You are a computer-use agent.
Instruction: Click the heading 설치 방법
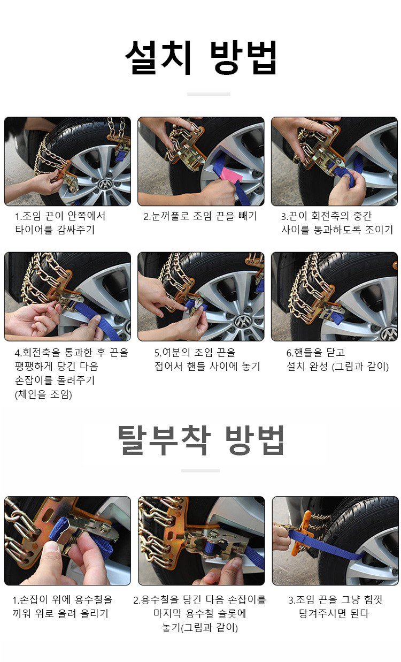(200, 58)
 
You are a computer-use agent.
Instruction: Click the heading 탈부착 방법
(200, 440)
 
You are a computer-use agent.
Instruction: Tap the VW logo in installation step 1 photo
(103, 185)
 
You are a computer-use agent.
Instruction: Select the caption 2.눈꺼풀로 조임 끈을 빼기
(200, 216)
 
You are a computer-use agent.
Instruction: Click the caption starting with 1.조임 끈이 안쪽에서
(60, 223)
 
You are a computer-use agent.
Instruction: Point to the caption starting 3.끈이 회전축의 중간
(337, 223)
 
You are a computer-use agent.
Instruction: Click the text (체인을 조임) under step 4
(43, 394)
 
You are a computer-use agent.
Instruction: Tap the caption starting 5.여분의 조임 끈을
(207, 360)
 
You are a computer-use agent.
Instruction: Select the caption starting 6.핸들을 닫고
(337, 360)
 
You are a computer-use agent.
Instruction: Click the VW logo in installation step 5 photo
(243, 322)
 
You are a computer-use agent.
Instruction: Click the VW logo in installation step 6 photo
(389, 333)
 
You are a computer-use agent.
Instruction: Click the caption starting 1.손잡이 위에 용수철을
(63, 606)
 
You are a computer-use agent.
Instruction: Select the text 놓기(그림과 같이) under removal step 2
(200, 628)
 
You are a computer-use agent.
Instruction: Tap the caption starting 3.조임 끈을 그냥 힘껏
(335, 606)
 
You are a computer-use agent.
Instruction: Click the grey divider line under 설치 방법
(209, 94)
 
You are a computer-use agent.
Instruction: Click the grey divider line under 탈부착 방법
(200, 470)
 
